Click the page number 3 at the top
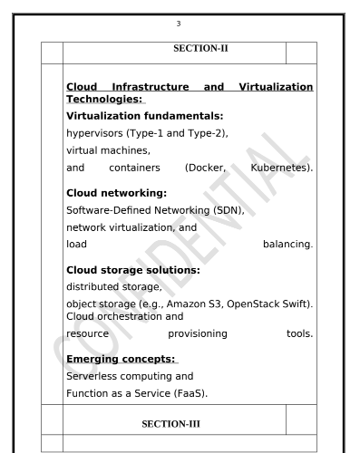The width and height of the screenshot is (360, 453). coord(180,12)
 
